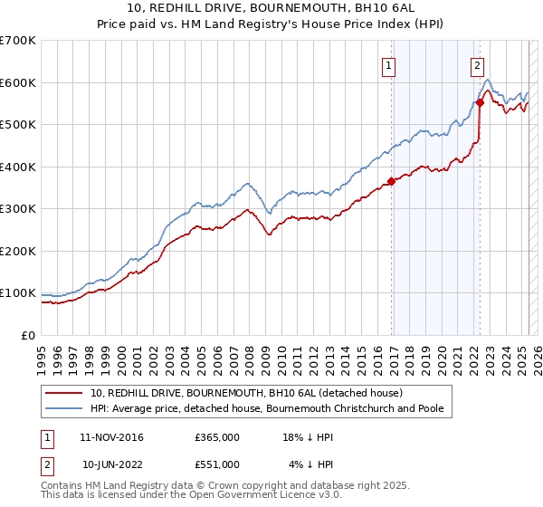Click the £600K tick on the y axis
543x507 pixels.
pos(18,82)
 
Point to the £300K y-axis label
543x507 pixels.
pos(18,209)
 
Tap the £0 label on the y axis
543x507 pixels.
pos(29,336)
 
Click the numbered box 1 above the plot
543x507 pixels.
pos(388,64)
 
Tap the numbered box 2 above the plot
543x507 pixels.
pos(476,64)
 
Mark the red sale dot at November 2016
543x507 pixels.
pos(391,181)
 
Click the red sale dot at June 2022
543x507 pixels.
pos(480,102)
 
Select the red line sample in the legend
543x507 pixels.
pos(65,393)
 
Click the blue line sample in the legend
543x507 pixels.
pos(65,408)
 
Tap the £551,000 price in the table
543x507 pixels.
pos(217,464)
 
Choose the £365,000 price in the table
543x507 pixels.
pos(217,436)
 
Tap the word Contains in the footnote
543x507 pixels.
pos(62,485)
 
